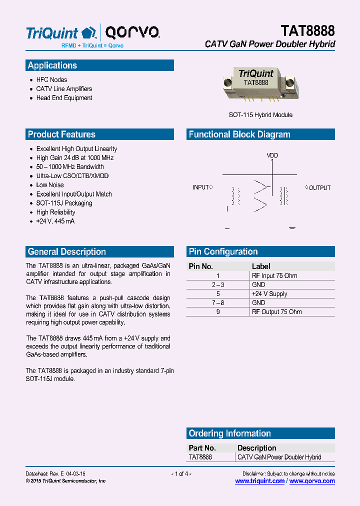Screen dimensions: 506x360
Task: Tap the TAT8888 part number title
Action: [x=307, y=31]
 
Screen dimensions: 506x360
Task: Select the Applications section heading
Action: [x=52, y=65]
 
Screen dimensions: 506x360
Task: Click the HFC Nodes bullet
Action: [x=51, y=79]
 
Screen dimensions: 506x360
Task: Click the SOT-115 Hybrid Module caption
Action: [x=260, y=115]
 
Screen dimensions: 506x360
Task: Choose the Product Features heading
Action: [x=61, y=134]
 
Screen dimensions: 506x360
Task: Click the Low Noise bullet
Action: [x=50, y=185]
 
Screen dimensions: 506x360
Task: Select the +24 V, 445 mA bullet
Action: [x=55, y=221]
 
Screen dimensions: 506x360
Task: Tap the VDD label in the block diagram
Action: [x=272, y=155]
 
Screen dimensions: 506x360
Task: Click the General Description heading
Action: [x=67, y=252]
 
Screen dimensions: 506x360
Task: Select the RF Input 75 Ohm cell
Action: [x=274, y=275]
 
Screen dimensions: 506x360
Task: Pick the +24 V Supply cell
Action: [x=269, y=294]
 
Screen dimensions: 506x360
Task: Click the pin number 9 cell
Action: [x=218, y=312]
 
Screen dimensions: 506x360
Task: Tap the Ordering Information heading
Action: [x=229, y=433]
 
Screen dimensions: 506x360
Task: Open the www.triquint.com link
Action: [x=259, y=481]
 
